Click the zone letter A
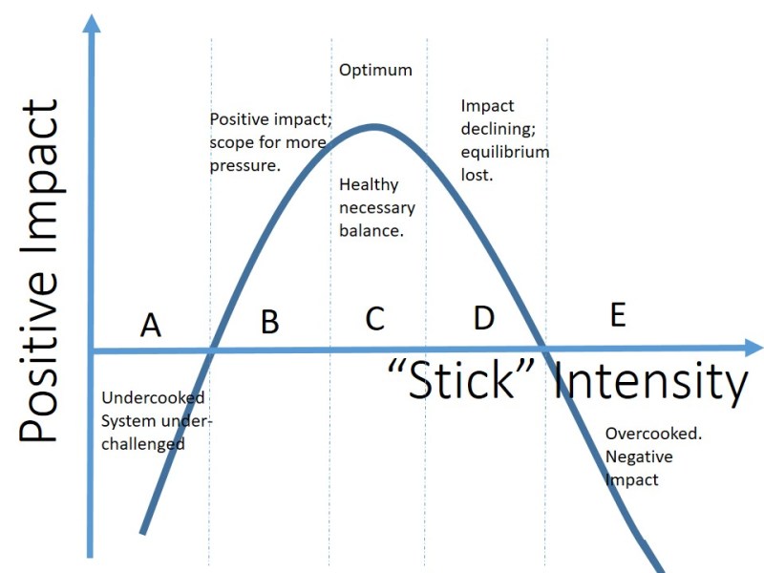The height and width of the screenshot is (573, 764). pos(150,327)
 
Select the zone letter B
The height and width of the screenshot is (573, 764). pos(270,322)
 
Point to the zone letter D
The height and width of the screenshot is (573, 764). pos(484,317)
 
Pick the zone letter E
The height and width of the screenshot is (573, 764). pos(617,315)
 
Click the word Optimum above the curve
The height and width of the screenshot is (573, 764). pos(375,71)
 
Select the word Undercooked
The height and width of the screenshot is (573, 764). pos(153,397)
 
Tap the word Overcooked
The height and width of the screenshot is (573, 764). pos(653,434)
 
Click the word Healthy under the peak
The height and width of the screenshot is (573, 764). pos(369,185)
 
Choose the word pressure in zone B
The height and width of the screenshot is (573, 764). pos(244,164)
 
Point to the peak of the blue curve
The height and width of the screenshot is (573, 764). pos(375,126)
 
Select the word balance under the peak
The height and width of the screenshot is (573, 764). pos(371,230)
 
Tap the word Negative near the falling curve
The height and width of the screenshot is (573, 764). pos(638,457)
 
